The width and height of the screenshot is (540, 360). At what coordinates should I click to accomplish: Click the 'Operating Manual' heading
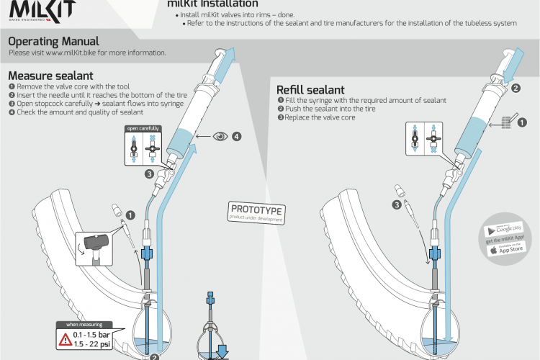pyautogui.click(x=54, y=42)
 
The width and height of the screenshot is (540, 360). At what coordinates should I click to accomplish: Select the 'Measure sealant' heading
pyautogui.click(x=50, y=76)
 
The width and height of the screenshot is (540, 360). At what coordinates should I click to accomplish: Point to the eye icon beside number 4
pyautogui.click(x=219, y=135)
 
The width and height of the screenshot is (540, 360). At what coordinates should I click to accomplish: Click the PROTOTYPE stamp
pyautogui.click(x=256, y=211)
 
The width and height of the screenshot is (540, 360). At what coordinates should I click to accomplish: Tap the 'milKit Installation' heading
pyautogui.click(x=213, y=4)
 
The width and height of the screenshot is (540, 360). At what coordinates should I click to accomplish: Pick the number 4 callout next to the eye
pyautogui.click(x=236, y=135)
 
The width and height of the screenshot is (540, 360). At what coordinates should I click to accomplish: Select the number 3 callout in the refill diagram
pyautogui.click(x=396, y=204)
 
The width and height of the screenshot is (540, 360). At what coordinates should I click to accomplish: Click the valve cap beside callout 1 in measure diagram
pyautogui.click(x=115, y=211)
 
